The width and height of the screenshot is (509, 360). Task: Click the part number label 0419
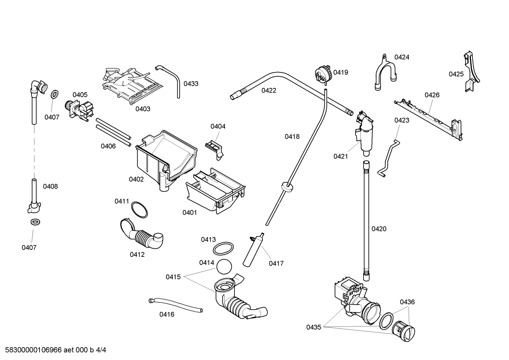tap(341, 72)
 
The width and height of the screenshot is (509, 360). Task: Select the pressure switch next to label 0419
tap(324, 75)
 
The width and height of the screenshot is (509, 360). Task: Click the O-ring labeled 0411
tap(139, 210)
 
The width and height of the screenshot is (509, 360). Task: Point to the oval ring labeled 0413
tap(223, 248)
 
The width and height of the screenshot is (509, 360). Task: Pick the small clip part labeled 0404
tap(214, 147)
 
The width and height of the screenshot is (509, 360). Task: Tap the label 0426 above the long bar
tap(432, 95)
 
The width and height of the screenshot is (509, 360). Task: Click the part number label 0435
tap(313, 327)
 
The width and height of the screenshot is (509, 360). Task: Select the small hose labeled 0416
tap(175, 304)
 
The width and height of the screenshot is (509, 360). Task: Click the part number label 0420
tap(379, 229)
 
